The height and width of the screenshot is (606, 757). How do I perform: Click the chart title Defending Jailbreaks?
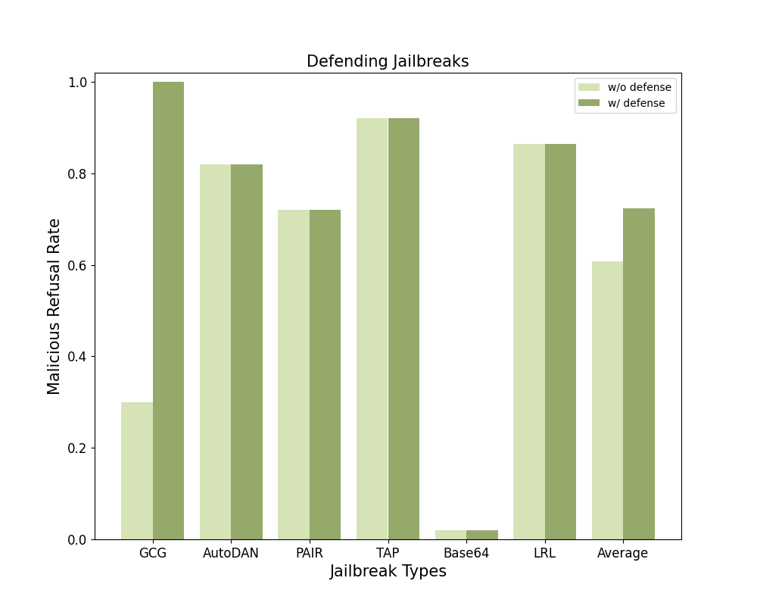pos(388,61)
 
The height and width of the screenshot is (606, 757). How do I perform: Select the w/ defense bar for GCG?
pos(168,311)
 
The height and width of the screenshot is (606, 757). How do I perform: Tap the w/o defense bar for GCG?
pos(137,470)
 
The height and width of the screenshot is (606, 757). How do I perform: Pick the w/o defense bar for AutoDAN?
pos(216,351)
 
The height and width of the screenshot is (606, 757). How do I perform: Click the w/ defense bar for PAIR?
pos(325,374)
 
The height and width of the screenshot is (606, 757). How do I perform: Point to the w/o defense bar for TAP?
pos(372,329)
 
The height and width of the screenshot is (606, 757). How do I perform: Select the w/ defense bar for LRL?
pos(560,342)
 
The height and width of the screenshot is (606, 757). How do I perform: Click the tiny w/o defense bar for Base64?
pos(450,535)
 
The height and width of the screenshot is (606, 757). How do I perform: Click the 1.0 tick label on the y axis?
pos(79,82)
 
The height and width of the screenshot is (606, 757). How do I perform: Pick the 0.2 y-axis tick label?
pos(79,448)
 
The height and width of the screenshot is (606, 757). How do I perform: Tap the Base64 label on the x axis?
pos(466,553)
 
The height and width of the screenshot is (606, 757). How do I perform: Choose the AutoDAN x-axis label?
pos(231,553)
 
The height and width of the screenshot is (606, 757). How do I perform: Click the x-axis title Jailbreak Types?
pos(388,572)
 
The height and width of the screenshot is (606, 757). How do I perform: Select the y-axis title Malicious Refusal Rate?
pos(54,306)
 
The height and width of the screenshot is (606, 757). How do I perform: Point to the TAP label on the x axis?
pos(388,553)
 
